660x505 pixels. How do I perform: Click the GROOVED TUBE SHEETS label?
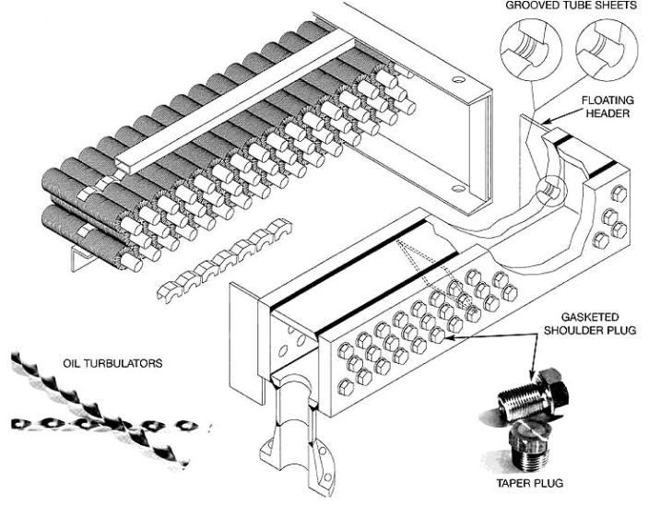[571, 6]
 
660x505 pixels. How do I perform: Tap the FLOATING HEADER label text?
[607, 107]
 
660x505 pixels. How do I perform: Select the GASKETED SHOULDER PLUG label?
[589, 323]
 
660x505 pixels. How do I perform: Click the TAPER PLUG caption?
[530, 483]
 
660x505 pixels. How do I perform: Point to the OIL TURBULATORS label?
[112, 363]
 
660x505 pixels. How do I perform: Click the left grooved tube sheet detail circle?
[531, 49]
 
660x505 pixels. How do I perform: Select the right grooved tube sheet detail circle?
[607, 49]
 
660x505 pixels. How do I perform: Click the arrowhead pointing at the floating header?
[546, 122]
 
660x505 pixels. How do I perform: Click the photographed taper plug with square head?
[529, 447]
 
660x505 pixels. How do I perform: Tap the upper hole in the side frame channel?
[458, 79]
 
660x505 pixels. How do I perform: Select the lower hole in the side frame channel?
[457, 188]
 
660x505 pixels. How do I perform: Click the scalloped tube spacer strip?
[224, 259]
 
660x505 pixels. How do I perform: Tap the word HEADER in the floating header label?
[607, 113]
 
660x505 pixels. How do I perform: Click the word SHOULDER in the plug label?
[589, 330]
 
